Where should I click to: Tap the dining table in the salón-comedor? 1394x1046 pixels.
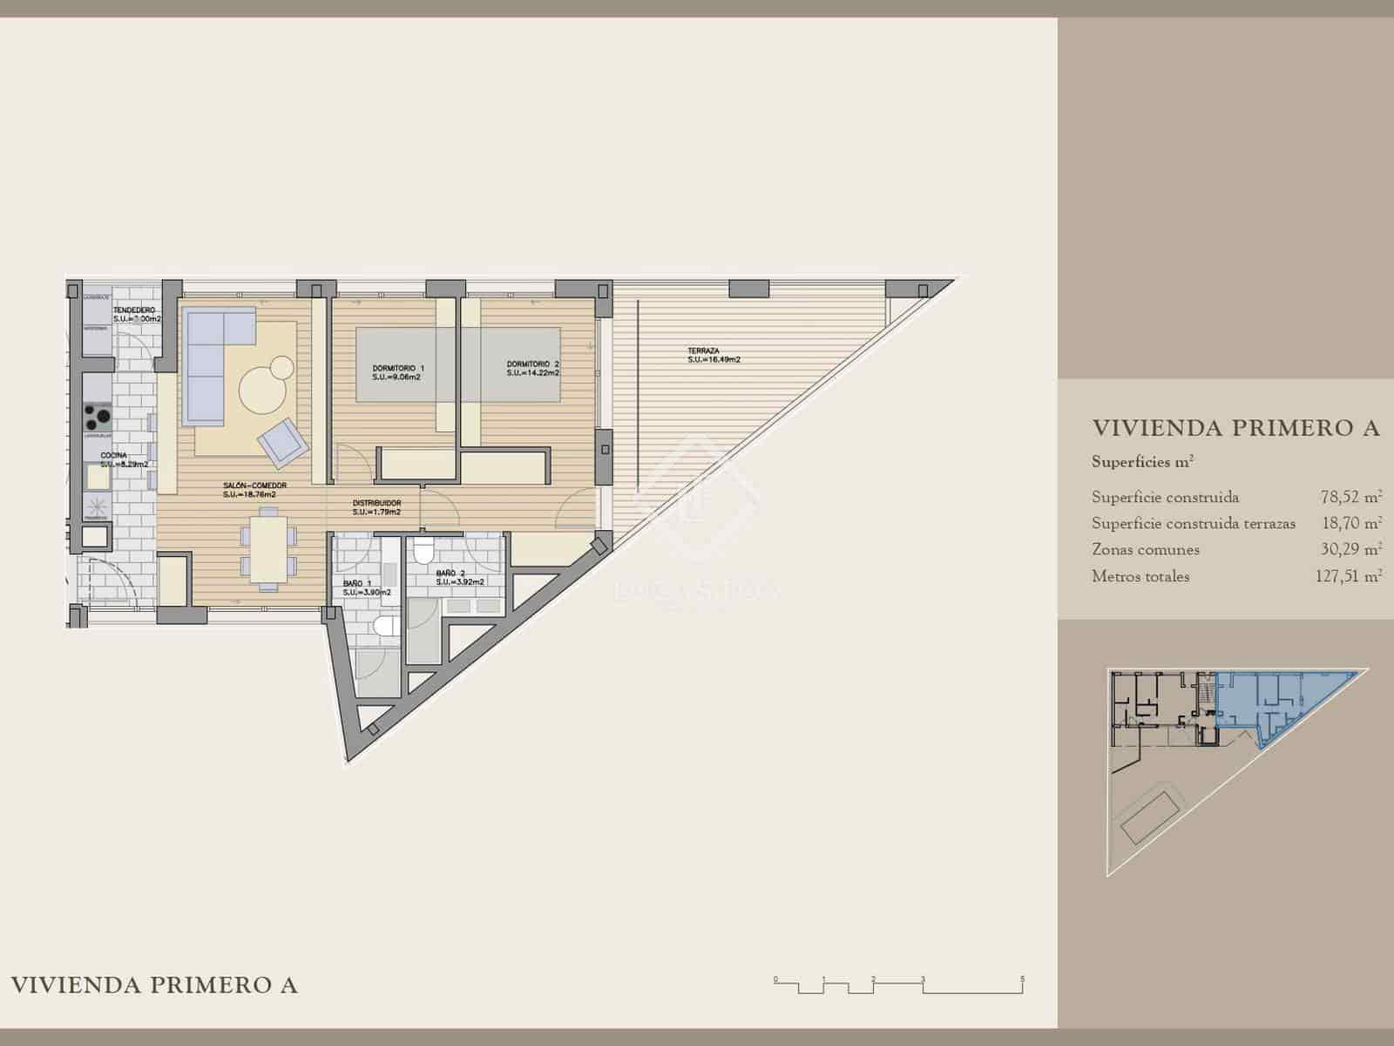click(x=271, y=548)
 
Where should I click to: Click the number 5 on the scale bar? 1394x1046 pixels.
click(x=1023, y=979)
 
